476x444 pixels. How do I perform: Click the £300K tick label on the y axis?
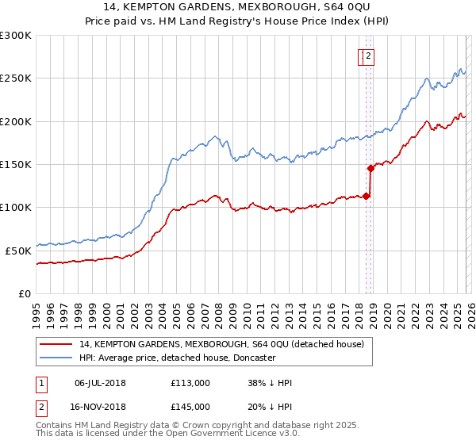pos(16,36)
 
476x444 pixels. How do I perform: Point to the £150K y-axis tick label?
pos(16,164)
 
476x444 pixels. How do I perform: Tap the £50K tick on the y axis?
pos(19,251)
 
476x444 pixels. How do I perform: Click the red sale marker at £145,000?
pos(370,168)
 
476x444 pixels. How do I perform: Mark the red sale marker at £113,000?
pos(366,196)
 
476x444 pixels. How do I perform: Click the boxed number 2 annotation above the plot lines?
pos(370,55)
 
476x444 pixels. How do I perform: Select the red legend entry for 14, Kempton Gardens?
pos(221,344)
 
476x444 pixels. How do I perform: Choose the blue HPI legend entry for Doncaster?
pos(177,358)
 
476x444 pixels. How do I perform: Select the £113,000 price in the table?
pos(190,383)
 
